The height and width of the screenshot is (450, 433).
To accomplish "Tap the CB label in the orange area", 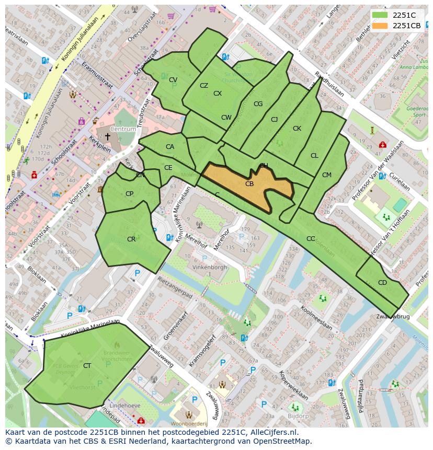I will pyautogui.click(x=249, y=183).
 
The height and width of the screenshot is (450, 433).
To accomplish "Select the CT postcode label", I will pyautogui.click(x=87, y=365).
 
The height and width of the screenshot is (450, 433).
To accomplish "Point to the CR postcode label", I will pyautogui.click(x=131, y=239).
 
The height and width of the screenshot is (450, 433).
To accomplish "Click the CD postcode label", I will pyautogui.click(x=382, y=282).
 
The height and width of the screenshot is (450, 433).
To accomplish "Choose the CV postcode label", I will pyautogui.click(x=173, y=79).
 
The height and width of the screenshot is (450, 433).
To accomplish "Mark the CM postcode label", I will pyautogui.click(x=326, y=175).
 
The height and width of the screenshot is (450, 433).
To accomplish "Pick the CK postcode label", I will pyautogui.click(x=297, y=128).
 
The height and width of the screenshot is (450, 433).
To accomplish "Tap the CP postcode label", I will pyautogui.click(x=129, y=193).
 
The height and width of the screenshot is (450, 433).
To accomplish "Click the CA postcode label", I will pyautogui.click(x=169, y=146).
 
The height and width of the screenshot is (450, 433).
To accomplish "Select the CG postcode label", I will pyautogui.click(x=258, y=103).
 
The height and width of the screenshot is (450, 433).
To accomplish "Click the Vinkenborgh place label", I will pyautogui.click(x=209, y=267).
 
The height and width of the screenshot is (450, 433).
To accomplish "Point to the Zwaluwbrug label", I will pyautogui.click(x=393, y=317).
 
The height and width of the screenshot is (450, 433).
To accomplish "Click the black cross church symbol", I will pyautogui.click(x=108, y=136).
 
